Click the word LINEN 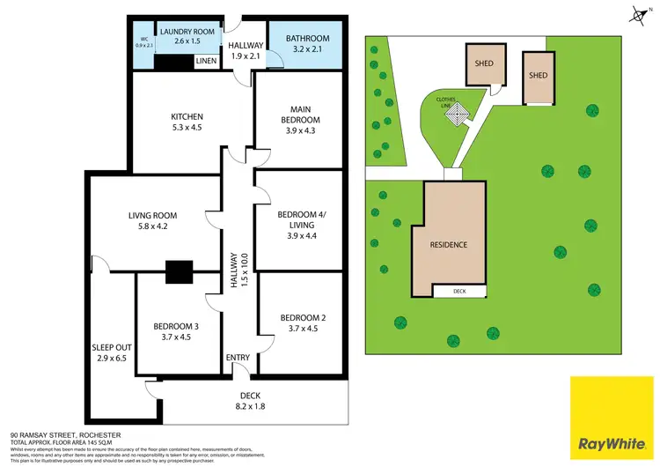[206, 61]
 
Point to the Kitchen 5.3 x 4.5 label [187, 122]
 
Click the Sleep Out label [109, 352]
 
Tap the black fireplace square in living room [180, 272]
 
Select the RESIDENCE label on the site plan [448, 244]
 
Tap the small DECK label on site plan [458, 291]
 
